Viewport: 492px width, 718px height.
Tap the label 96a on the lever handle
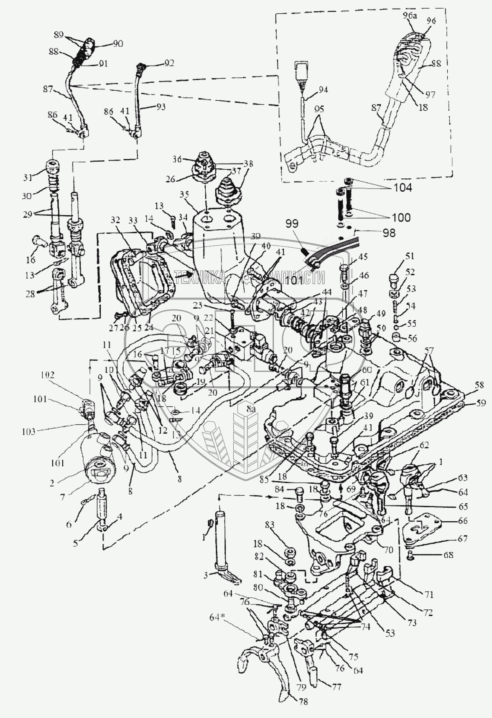[410, 16]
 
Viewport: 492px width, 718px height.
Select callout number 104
[402, 188]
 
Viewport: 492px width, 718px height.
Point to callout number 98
[389, 233]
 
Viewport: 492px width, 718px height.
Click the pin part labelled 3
[224, 556]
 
